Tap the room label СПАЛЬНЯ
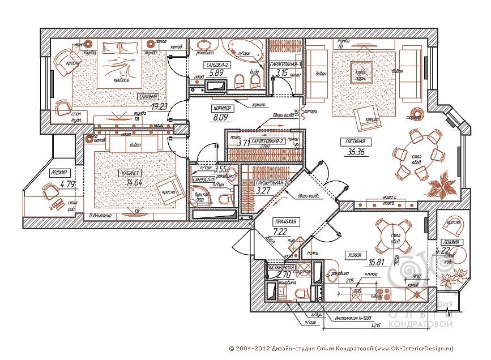[149, 97]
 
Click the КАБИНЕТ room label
[130, 173]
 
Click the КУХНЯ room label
[356, 254]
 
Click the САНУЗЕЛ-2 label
[218, 65]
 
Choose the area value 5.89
[217, 73]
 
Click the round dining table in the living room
[418, 153]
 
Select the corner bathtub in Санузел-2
[246, 50]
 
